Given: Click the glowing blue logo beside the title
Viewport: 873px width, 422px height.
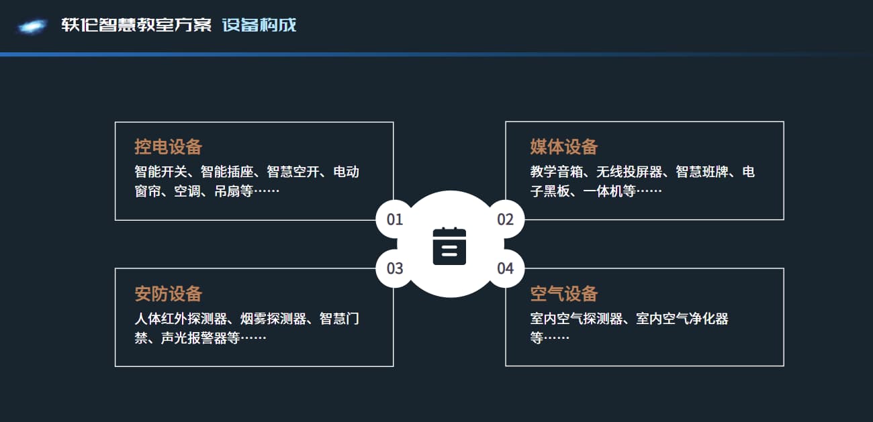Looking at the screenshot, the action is (x=32, y=26).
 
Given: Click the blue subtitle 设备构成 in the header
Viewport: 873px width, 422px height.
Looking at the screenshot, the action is (x=259, y=25).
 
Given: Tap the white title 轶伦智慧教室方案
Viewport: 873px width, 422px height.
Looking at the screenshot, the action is (x=136, y=25).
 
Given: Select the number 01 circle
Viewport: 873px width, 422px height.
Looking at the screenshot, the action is (x=394, y=219).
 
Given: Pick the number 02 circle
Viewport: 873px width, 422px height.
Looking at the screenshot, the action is (x=506, y=219).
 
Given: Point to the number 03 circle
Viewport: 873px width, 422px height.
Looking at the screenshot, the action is (x=394, y=268).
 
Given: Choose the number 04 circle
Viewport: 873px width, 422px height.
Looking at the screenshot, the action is (x=506, y=268).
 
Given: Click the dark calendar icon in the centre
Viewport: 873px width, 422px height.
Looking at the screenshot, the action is (x=449, y=246).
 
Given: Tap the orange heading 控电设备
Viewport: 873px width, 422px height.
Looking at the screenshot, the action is (x=169, y=147).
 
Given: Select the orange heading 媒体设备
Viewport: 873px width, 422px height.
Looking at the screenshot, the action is (x=564, y=147).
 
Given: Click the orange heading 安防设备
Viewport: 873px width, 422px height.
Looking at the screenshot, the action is (x=169, y=294).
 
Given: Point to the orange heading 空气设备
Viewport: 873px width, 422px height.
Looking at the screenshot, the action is (x=564, y=294).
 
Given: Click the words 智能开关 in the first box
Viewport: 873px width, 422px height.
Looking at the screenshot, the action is (x=161, y=172).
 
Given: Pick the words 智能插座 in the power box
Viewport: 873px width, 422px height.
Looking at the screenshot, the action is (x=227, y=172).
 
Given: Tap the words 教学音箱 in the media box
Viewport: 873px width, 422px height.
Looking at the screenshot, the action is (x=557, y=172).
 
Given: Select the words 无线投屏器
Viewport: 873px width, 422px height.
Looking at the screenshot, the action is (x=629, y=172).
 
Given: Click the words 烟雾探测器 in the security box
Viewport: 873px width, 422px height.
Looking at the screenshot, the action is (x=273, y=319).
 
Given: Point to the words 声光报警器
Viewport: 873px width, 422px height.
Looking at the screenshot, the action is (x=193, y=338).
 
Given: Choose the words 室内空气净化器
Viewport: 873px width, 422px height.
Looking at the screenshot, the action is (x=682, y=319).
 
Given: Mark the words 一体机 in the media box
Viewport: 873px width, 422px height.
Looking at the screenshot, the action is (x=603, y=191).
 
